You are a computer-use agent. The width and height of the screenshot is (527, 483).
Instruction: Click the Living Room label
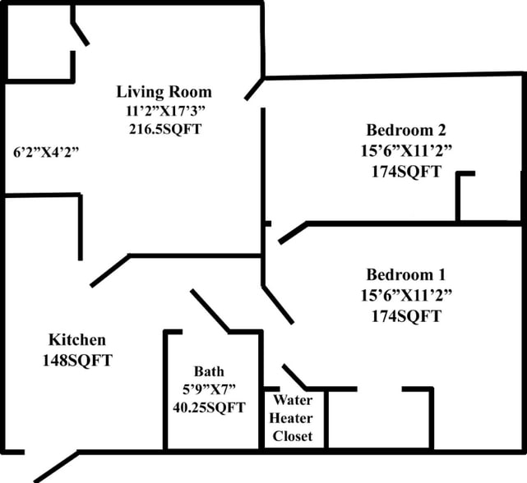(164, 91)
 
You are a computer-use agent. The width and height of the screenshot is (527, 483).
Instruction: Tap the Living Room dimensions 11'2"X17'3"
(164, 110)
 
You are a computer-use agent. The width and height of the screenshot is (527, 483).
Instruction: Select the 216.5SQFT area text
(164, 129)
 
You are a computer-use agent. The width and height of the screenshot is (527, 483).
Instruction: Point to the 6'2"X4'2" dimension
(46, 152)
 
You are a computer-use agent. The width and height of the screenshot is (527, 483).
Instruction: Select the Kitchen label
(77, 340)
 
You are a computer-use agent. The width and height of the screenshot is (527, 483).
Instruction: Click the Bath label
(209, 370)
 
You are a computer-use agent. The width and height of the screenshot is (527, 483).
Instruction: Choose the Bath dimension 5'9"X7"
(209, 389)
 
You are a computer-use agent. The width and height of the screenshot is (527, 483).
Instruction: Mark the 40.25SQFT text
(209, 407)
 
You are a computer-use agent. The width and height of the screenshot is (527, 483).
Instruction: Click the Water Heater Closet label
(293, 418)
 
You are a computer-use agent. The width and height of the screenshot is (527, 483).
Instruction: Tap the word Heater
(293, 418)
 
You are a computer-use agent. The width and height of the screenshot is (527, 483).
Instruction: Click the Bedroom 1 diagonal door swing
(278, 304)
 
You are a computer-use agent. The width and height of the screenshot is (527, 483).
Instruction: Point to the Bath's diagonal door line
(210, 310)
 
